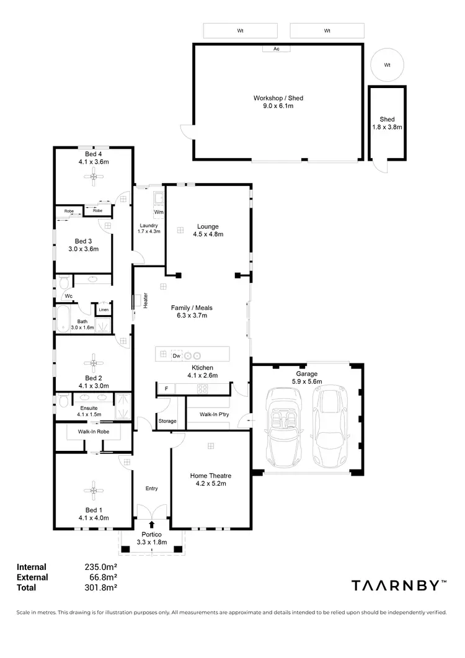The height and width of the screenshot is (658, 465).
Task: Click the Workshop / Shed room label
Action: coord(278,98)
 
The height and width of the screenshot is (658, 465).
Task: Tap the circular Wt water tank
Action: coord(387,64)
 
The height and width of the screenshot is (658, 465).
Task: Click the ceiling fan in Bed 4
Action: coord(93,178)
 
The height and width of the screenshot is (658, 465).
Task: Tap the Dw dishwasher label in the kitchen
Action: coord(177,356)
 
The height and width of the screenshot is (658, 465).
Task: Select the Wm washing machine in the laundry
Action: coord(159,213)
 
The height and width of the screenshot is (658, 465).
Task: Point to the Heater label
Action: coord(146,301)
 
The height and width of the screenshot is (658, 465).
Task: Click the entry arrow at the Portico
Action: coord(151,525)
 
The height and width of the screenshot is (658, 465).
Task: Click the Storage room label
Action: coord(167,421)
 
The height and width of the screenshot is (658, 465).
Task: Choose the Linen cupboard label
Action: coord(104,309)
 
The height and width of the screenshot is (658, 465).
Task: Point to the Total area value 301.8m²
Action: coord(100,587)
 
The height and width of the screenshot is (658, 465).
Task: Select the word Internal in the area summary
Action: coord(32,566)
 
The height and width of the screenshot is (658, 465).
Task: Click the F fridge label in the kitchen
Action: coord(166,389)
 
